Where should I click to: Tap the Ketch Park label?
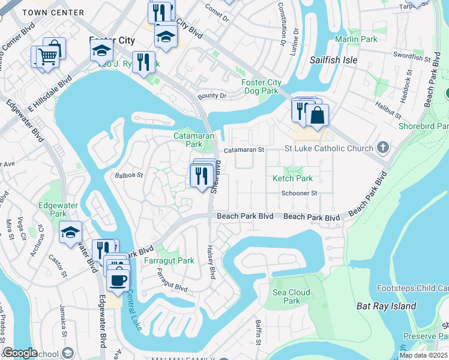(293, 178)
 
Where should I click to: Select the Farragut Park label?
(169, 261)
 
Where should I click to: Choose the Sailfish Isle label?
(333, 60)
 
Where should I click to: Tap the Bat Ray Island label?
(386, 306)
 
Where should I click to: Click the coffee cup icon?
(118, 280)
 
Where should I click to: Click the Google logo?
(20, 353)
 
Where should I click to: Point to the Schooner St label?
(299, 193)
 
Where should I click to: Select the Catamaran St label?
(244, 150)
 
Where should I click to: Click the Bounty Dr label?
(212, 96)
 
